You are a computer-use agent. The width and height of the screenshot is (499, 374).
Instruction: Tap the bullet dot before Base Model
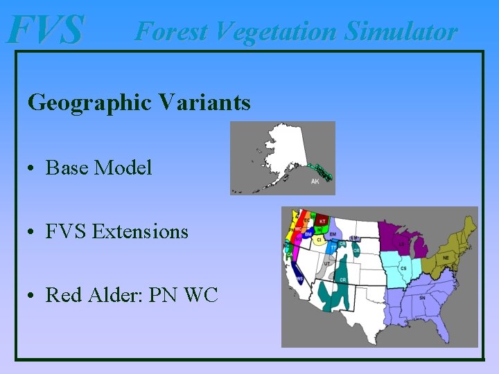pos(33,168)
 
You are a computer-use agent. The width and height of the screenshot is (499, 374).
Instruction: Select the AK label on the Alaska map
pos(315,181)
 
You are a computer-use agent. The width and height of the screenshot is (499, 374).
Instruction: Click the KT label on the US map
pos(323,221)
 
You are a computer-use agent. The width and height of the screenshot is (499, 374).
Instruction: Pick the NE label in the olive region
pos(446,258)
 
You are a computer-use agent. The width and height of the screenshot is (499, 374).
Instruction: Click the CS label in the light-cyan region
pos(403,268)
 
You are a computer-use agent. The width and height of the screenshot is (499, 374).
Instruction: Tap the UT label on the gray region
pos(326,264)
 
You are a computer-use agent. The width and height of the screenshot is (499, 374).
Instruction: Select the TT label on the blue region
pos(333,247)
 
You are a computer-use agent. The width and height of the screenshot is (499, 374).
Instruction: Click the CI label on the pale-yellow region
pos(319,240)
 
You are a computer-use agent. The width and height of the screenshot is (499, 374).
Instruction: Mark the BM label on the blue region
pos(308,234)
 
